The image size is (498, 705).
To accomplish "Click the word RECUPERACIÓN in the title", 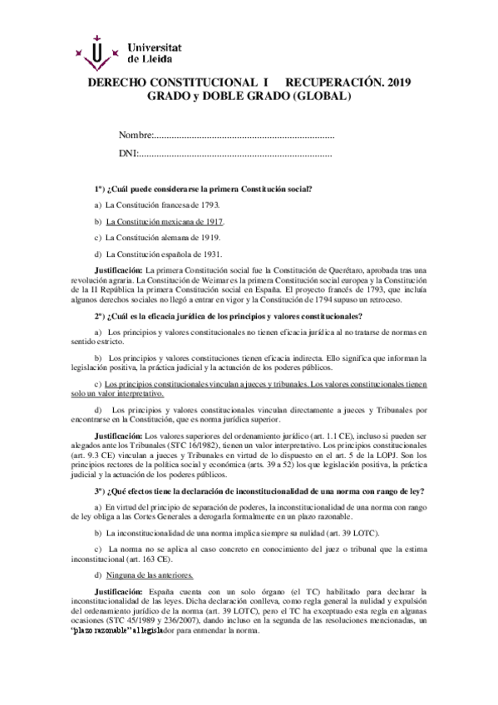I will pos(334,83).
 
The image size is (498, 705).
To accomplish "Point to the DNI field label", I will pos(127,154).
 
